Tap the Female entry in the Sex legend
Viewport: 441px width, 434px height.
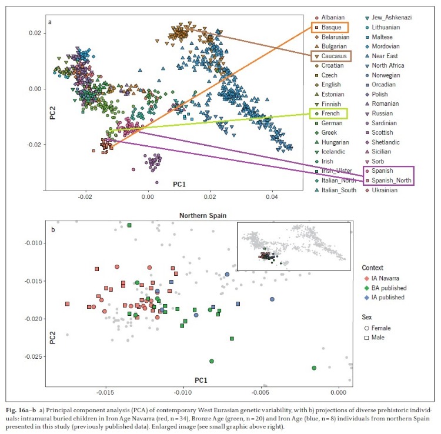point(383,328)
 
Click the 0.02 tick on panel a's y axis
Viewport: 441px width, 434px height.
point(35,33)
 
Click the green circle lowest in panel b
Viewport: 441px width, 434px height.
point(314,368)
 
